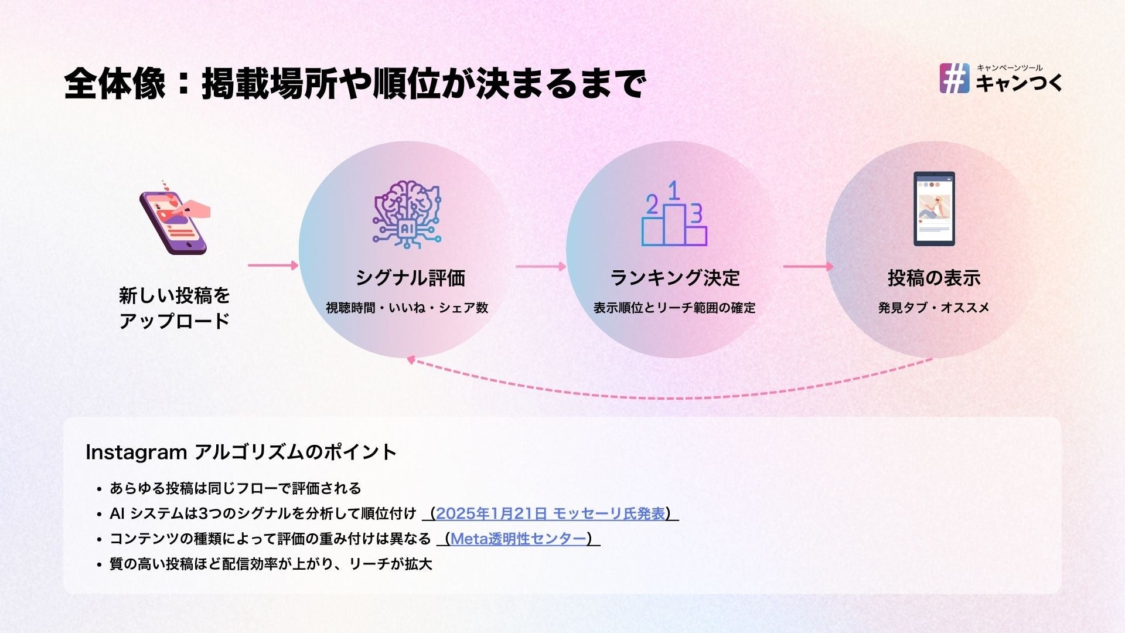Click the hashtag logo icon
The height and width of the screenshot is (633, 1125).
coord(954,79)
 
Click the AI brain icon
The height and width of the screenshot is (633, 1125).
coord(407,214)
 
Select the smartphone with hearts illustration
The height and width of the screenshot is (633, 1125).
coord(174,219)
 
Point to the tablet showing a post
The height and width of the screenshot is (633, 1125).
coord(934,209)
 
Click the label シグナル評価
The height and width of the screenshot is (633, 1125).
coord(410,278)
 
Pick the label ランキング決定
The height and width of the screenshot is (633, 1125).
coord(675,278)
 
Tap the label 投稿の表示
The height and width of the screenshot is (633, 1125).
coord(934,278)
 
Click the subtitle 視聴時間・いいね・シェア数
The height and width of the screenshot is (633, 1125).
coord(407,308)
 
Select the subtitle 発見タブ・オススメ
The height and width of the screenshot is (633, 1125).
coord(934,308)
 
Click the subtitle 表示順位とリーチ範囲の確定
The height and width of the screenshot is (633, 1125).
coord(674,308)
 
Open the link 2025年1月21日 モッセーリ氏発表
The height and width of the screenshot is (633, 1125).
coord(551,514)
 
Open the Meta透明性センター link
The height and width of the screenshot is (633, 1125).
coord(519,539)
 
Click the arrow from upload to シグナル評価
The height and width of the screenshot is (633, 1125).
coord(273,266)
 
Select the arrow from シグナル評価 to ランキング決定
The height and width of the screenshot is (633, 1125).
coord(540,267)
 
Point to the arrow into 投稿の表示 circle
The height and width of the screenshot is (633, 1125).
coord(808,267)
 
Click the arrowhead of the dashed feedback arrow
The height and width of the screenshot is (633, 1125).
coord(411,360)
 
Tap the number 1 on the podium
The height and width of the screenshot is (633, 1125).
coord(674,191)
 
